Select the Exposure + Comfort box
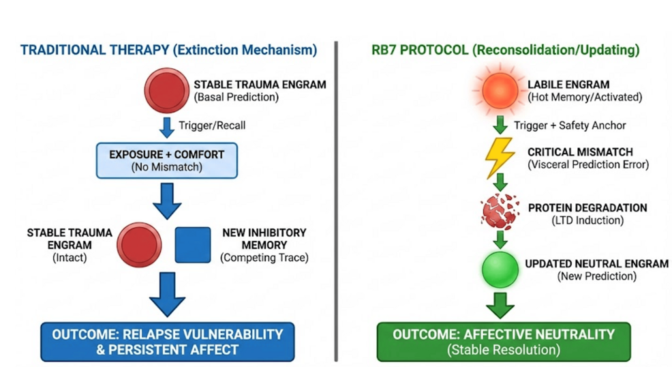(166, 161)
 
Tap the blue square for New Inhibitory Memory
(193, 245)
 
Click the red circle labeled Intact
(139, 245)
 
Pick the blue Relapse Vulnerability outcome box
(167, 341)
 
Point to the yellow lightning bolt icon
(500, 158)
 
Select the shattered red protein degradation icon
(500, 212)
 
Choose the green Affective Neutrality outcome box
(503, 341)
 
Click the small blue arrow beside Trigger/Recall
(166, 126)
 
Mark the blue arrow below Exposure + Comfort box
(167, 201)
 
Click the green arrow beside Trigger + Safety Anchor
(500, 125)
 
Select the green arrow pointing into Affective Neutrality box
(501, 305)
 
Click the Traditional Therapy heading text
(168, 50)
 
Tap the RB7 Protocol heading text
(505, 50)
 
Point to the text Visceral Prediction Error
(588, 164)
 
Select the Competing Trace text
(265, 257)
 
